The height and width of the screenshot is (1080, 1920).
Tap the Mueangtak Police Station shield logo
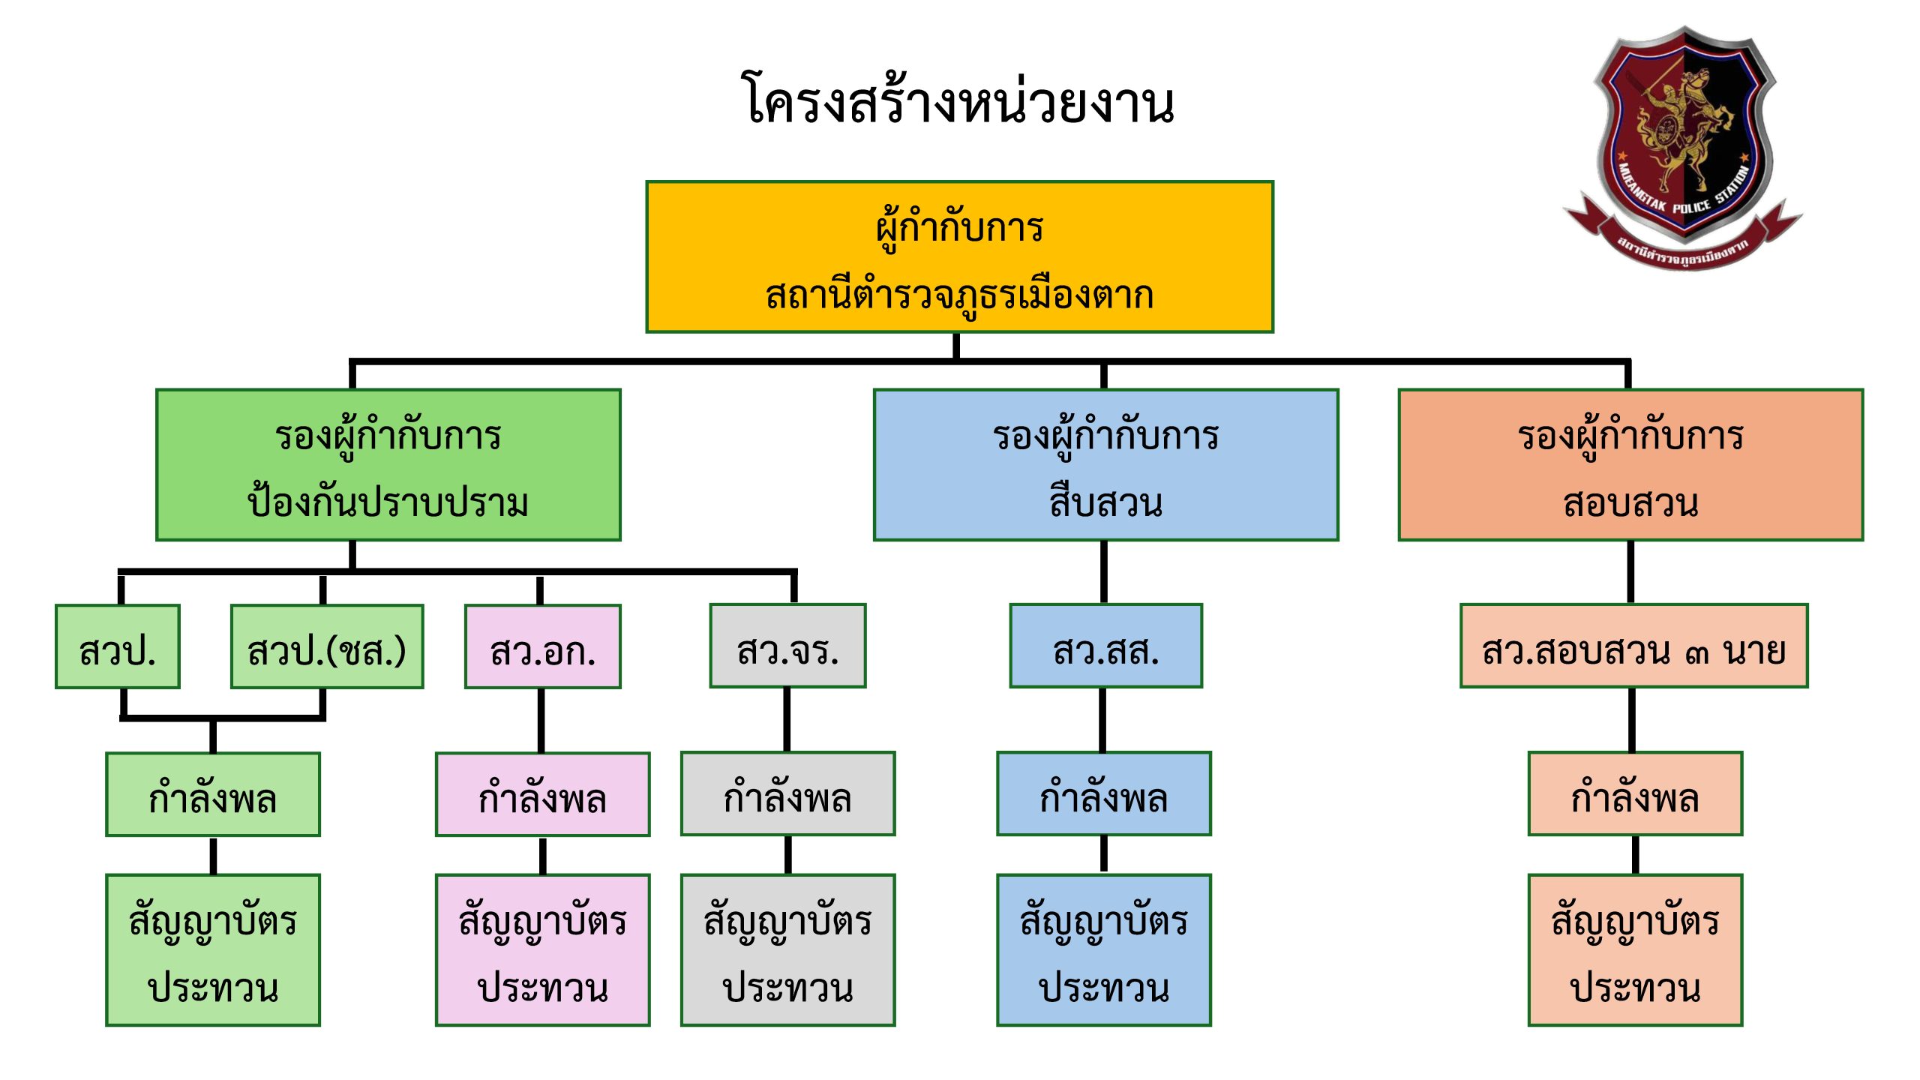(x=1683, y=142)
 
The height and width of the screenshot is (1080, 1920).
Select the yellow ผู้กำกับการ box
(x=959, y=256)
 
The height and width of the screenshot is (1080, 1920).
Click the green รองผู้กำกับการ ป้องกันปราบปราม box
(x=388, y=465)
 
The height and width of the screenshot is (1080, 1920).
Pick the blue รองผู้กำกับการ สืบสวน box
(x=1105, y=465)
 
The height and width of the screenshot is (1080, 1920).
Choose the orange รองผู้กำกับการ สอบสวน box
(x=1630, y=465)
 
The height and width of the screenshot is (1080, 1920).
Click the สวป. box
(x=118, y=646)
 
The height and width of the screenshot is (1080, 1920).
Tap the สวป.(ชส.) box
(x=327, y=646)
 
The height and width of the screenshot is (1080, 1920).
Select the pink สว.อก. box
(x=543, y=646)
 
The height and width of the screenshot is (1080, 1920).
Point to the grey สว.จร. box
(x=787, y=646)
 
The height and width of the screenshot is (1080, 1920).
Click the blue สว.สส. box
(x=1105, y=646)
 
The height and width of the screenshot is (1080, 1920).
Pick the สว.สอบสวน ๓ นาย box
(x=1633, y=646)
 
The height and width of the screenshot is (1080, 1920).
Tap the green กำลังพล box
(x=213, y=795)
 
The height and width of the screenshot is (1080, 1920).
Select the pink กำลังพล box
(x=543, y=795)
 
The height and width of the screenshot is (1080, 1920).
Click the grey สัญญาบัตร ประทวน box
(x=787, y=949)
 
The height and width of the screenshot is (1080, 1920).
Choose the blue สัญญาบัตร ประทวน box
(x=1104, y=949)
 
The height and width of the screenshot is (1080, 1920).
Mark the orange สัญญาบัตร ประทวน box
(x=1635, y=949)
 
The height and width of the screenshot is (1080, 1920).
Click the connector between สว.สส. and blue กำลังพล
(x=1103, y=720)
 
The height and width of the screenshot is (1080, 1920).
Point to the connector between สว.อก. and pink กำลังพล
(x=541, y=720)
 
